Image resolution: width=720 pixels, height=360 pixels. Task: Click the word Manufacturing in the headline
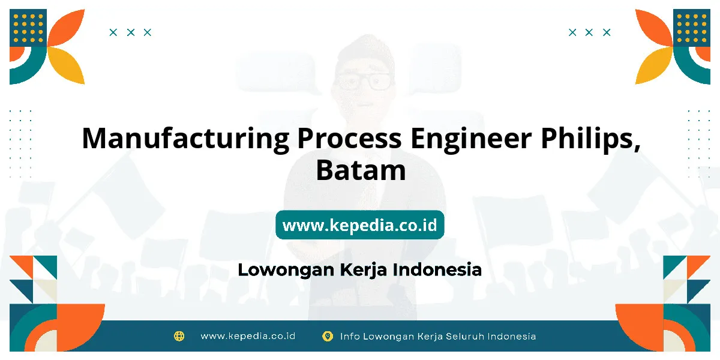186,139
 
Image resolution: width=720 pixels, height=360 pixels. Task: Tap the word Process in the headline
349,139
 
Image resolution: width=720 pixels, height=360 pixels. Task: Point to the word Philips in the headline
590,139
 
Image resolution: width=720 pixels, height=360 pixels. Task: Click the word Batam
361,170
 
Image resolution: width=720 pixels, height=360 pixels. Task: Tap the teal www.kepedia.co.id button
360,224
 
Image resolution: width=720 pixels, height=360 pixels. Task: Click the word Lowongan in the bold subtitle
286,271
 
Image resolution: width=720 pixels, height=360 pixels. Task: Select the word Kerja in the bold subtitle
363,271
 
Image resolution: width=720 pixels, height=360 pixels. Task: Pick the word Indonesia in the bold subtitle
437,269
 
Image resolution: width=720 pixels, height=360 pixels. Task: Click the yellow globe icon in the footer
179,336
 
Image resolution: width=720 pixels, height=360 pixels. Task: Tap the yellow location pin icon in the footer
328,336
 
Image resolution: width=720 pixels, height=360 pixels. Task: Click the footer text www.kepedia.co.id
248,336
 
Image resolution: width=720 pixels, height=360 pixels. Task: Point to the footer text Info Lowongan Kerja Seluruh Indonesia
438,337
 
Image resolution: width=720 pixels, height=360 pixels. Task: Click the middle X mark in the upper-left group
131,32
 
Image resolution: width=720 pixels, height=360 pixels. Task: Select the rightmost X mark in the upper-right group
607,32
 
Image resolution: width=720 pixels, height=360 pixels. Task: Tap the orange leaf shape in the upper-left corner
67,28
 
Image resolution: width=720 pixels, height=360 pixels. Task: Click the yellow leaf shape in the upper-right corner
653,66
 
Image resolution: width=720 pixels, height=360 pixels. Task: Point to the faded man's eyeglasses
364,82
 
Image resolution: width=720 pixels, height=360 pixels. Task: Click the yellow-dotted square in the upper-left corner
28,28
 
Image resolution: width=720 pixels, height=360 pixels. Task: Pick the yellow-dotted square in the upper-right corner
692,28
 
